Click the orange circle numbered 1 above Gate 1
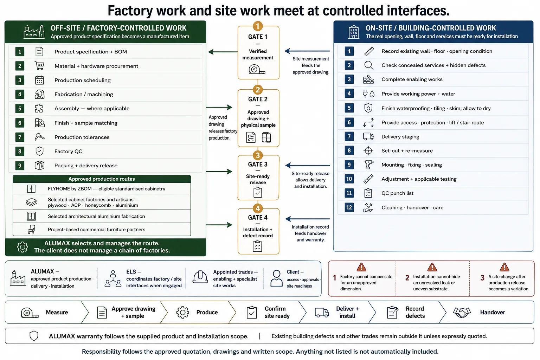pos(258,26)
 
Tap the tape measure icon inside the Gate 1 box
pos(257,70)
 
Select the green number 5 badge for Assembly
pos(20,109)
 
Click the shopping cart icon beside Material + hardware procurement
pos(39,66)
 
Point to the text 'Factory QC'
pos(69,152)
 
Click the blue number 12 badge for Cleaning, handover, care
pos(349,207)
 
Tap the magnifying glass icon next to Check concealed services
pos(368,65)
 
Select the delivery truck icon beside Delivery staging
pos(368,137)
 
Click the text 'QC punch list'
pos(397,193)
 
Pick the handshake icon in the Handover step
pos(462,313)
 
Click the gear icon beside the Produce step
pos(183,313)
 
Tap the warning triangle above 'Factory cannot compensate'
pos(361,267)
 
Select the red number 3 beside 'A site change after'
pos(482,278)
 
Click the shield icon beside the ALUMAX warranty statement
pos(34,336)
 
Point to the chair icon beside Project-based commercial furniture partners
pos(32,230)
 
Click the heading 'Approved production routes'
pos(102,179)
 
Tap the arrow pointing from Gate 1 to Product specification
pos(223,52)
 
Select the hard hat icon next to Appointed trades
pos(200,277)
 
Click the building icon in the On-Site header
pos(354,32)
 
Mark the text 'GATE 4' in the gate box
pos(258,218)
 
